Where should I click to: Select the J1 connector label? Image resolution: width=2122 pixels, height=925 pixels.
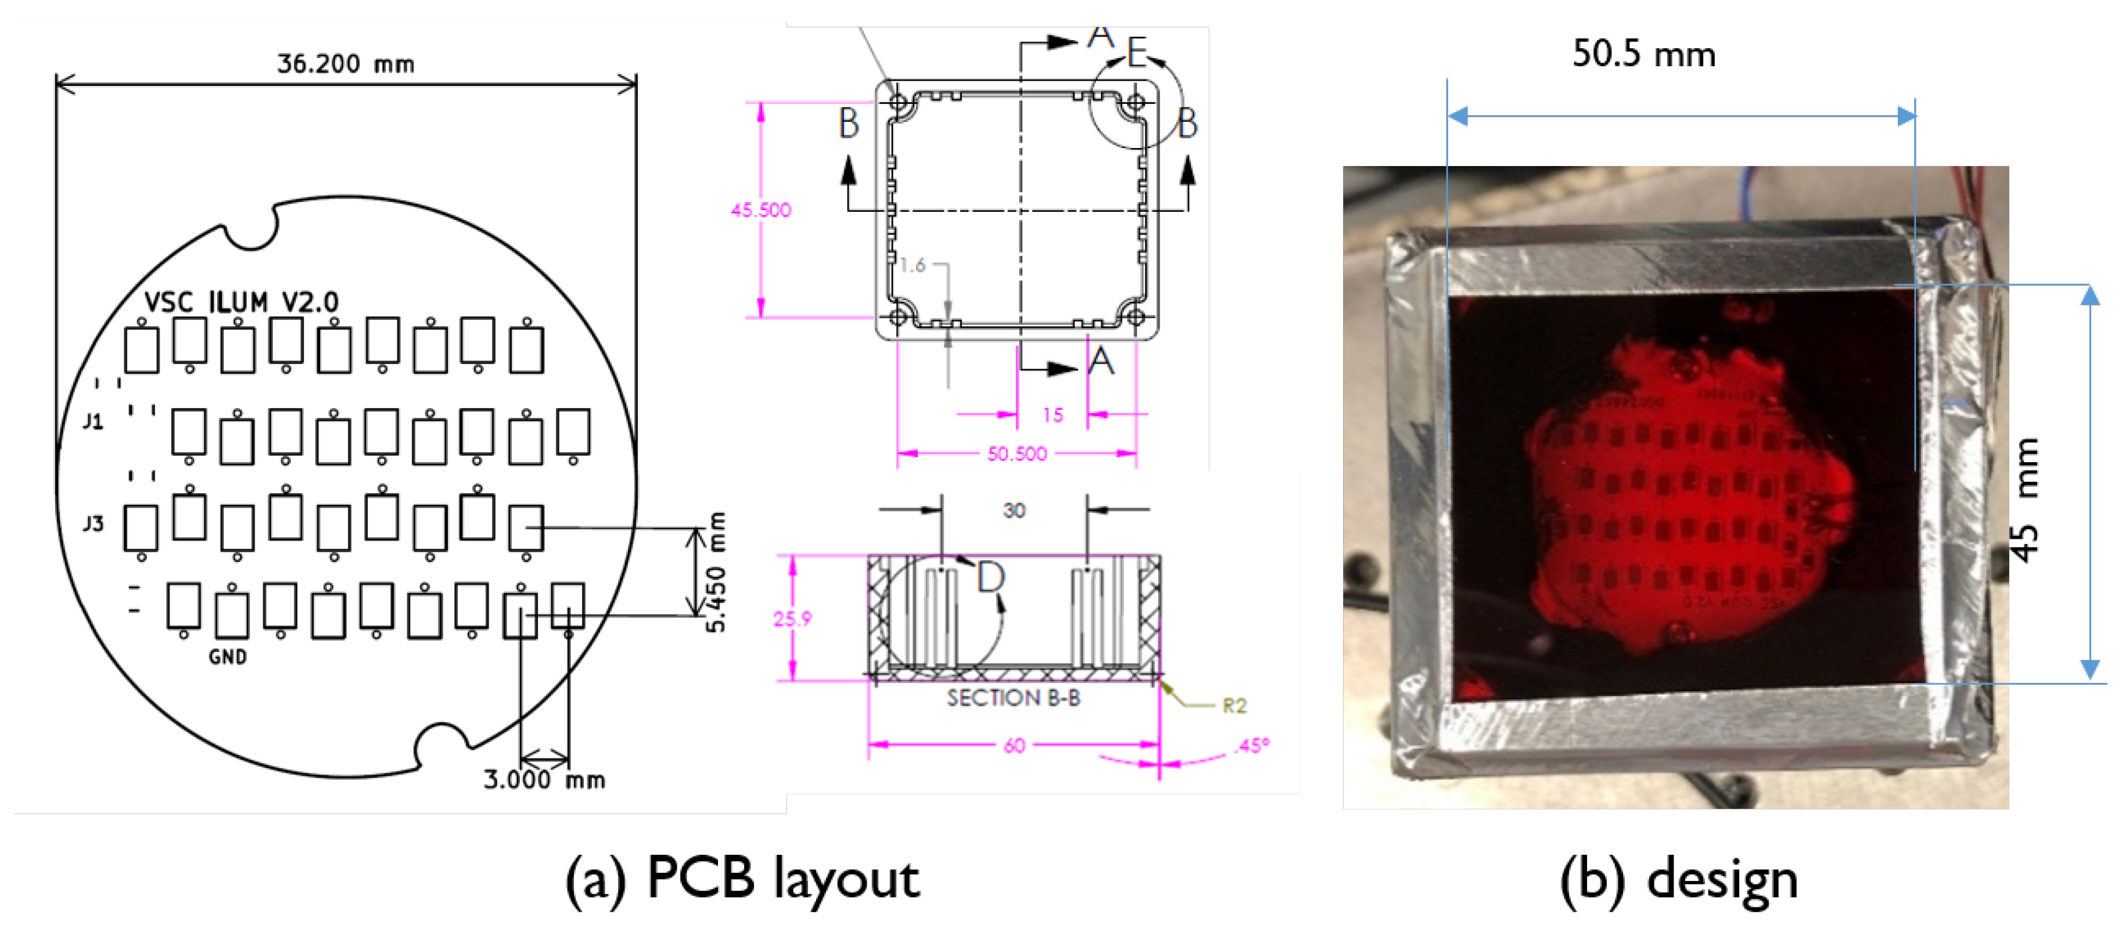click(93, 422)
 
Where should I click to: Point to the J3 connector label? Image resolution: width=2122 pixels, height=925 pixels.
click(93, 523)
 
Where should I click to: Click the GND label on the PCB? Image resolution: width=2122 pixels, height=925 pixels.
click(227, 657)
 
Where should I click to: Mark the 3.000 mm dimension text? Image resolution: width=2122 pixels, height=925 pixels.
click(544, 779)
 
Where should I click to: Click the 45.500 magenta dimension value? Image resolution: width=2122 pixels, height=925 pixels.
click(760, 210)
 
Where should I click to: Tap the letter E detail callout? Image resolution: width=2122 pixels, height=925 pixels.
click(1137, 53)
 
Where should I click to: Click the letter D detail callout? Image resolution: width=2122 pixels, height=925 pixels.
click(990, 577)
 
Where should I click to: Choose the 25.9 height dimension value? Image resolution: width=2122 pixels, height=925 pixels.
click(792, 618)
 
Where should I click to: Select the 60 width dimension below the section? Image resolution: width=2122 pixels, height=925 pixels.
click(1014, 746)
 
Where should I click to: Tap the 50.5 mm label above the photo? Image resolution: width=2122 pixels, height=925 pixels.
click(1643, 55)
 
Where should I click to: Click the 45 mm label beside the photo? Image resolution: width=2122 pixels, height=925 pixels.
click(2027, 500)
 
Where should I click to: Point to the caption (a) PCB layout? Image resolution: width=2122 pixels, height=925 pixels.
click(741, 878)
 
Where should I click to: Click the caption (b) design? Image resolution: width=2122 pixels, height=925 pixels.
click(1678, 878)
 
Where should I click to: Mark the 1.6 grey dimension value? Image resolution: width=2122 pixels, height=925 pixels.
click(912, 265)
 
